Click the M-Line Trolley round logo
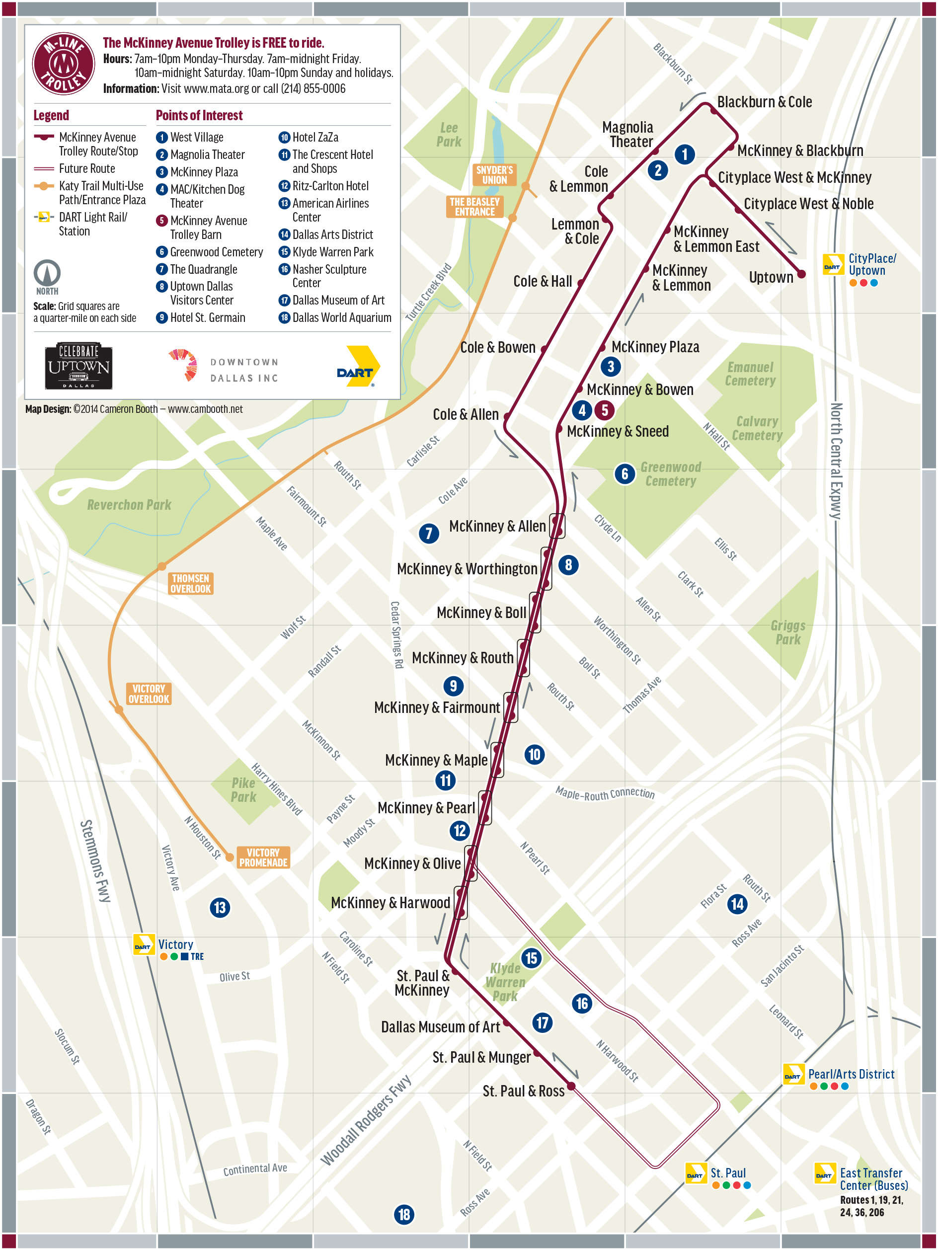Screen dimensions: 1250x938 pos(63,63)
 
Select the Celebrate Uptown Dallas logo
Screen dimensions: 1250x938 pos(78,366)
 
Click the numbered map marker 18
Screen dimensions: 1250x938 pos(404,1214)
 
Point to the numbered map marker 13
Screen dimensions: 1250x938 pos(220,908)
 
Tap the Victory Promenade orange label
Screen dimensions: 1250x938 pos(263,857)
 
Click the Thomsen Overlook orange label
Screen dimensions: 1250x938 pos(190,583)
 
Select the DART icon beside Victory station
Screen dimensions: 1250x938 pos(143,944)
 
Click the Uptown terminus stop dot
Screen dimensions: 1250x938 pos(801,274)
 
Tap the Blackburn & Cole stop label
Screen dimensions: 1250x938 pos(764,102)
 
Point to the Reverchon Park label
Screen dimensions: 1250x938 pos(129,505)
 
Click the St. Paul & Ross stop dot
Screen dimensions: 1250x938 pos(571,1086)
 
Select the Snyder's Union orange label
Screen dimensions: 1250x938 pos(494,174)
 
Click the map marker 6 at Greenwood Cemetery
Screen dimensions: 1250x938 pos(625,473)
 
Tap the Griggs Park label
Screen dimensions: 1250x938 pos(787,632)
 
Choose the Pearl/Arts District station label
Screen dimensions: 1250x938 pos(851,1074)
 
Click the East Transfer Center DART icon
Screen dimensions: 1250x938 pos(824,1173)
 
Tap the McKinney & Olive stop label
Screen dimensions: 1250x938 pos(412,863)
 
